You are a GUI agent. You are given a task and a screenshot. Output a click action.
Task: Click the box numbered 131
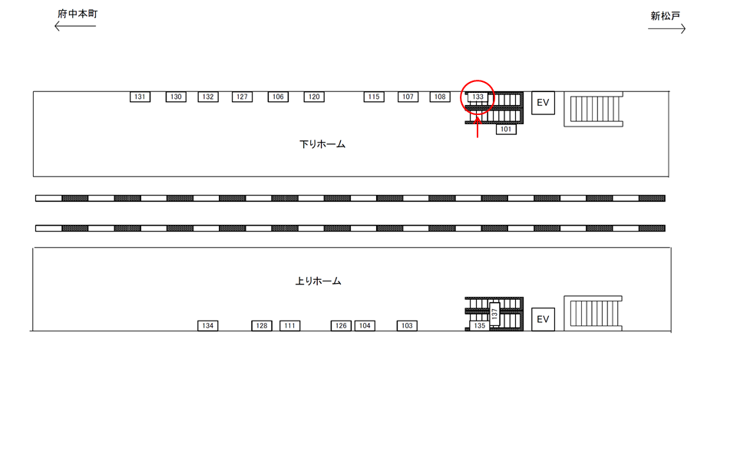click(140, 97)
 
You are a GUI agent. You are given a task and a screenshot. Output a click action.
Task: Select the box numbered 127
click(242, 97)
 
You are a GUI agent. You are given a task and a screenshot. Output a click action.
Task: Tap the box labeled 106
click(278, 97)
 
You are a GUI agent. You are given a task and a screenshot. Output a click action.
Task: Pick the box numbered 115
click(374, 97)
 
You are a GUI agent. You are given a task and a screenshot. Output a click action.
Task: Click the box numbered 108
click(440, 97)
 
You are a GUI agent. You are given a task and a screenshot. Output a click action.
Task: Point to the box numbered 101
click(506, 129)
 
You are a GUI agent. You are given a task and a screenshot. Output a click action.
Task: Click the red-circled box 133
click(478, 97)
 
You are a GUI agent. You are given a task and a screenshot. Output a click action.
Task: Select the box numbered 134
click(208, 325)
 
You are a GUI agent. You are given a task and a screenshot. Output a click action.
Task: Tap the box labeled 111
click(290, 325)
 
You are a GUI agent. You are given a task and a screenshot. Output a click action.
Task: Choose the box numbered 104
click(365, 325)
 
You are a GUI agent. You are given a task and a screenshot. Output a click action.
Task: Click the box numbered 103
click(407, 325)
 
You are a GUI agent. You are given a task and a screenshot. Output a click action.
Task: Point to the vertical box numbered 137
click(494, 313)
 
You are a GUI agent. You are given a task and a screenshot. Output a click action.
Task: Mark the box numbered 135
click(479, 325)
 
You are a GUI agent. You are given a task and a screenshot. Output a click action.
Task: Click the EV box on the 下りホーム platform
click(543, 103)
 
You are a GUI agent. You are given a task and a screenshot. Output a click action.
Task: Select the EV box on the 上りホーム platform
click(543, 319)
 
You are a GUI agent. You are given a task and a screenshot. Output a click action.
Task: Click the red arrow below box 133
click(478, 127)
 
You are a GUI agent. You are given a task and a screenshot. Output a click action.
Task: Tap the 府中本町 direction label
click(78, 14)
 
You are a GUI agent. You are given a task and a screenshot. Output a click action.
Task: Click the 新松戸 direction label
click(665, 16)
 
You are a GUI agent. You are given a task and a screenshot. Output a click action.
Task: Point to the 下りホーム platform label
click(322, 144)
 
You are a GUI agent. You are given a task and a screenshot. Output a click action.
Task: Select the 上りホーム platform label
click(318, 281)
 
